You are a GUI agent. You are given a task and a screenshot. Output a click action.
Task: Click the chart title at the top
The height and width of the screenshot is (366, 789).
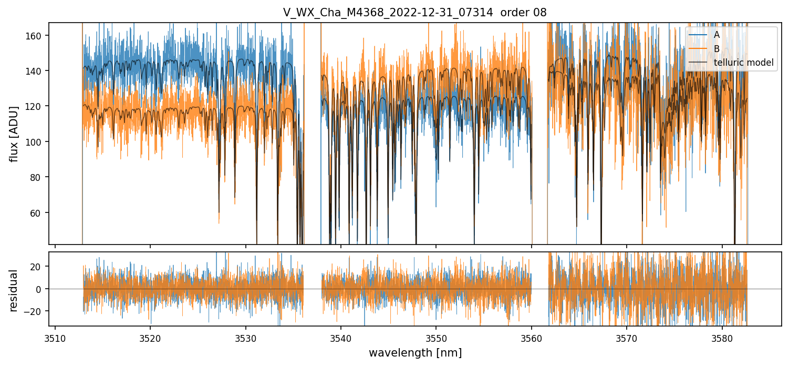414,13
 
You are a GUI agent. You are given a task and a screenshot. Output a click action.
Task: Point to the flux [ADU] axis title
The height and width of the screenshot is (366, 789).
14,134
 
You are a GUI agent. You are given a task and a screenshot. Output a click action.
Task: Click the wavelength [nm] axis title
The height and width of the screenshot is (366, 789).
415,353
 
